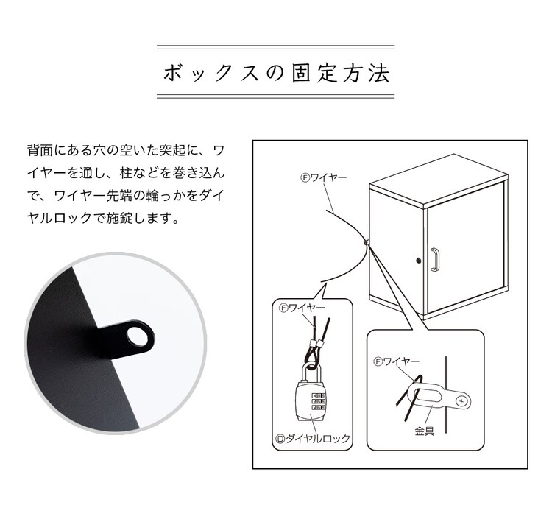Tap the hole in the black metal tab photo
coord(137,337)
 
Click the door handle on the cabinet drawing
coord(435,260)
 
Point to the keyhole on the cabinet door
coord(419,261)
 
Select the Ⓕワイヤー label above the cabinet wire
coord(322,177)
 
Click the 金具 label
coord(424,431)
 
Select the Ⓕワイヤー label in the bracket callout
coord(397,361)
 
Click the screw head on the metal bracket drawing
coord(461,400)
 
